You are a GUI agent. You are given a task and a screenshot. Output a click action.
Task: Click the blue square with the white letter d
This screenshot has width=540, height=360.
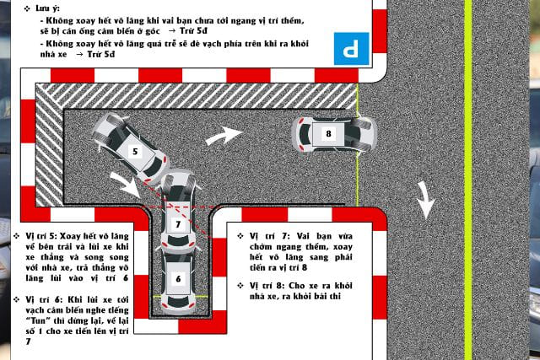point(351,49)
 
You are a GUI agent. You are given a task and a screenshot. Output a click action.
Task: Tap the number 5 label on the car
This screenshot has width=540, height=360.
point(135,152)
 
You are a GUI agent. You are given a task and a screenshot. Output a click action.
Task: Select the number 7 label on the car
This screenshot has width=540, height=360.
point(178,225)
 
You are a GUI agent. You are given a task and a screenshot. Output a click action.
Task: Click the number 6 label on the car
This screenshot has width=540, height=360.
point(178,279)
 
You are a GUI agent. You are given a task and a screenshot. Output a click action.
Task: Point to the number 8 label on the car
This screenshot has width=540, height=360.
point(328,133)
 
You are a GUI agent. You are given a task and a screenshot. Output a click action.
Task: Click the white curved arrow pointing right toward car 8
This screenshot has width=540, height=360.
point(224,135)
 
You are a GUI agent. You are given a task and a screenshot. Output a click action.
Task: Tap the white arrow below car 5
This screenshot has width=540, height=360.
point(125,185)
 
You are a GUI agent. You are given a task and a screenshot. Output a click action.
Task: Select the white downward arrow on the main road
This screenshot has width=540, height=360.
point(426,201)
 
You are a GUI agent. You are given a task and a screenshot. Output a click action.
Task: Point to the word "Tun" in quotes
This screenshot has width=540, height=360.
point(36,320)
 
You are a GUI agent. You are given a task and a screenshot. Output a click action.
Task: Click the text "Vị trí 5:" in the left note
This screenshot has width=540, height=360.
point(41,236)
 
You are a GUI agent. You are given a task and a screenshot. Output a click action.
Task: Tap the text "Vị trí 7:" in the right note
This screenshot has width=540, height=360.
point(268,236)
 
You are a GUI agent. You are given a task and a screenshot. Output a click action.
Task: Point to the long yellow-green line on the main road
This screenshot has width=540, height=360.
point(468,180)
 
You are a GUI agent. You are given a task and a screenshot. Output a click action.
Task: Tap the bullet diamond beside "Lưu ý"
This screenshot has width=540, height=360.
point(27,8)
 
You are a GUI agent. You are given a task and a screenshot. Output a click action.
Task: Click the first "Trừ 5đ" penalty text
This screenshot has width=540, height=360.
point(193,31)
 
